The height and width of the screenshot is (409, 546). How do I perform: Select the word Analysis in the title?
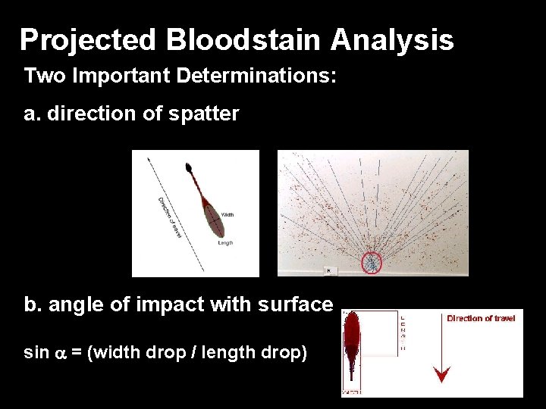click(x=392, y=39)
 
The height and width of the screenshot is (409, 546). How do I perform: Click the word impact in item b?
click(x=169, y=304)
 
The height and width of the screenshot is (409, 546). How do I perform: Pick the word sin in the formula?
click(x=36, y=353)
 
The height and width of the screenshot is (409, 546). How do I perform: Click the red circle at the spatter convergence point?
click(x=372, y=262)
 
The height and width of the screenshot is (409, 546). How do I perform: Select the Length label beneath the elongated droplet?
click(x=225, y=243)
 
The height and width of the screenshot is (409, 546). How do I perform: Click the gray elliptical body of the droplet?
click(x=214, y=221)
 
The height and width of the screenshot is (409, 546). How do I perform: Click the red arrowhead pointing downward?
click(x=441, y=374)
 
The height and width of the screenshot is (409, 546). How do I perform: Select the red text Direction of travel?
click(x=481, y=318)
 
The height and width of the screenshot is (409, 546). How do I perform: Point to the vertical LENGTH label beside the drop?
click(x=402, y=333)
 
